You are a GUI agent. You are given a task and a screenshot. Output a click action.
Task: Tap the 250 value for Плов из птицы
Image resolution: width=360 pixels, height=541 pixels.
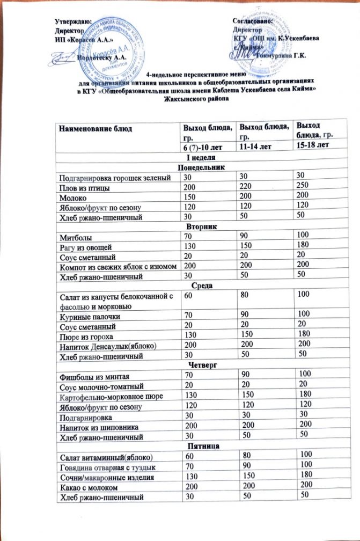pos(304,187)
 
